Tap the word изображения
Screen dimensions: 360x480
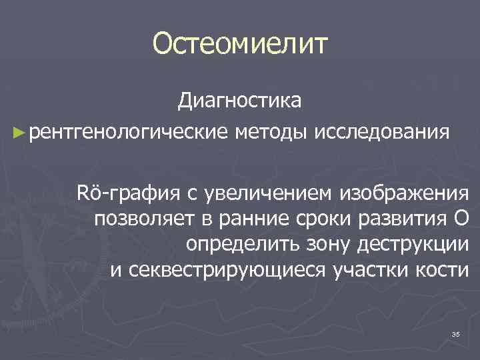403,194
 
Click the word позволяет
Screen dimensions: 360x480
140,219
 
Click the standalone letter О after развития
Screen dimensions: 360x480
460,219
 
